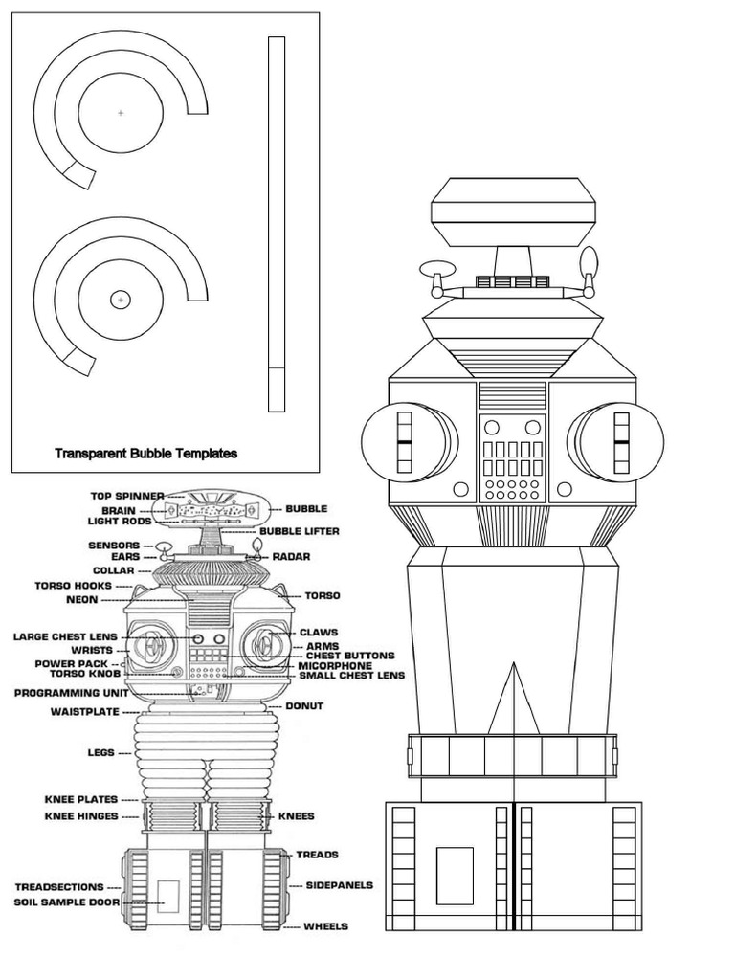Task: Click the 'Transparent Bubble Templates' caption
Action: (x=145, y=454)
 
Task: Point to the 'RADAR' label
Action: (x=290, y=556)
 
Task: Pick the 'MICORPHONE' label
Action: (x=335, y=665)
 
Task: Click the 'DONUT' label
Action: (x=304, y=706)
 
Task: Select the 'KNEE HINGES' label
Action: (x=81, y=816)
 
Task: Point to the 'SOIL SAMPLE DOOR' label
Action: (x=68, y=902)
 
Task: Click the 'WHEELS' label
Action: (x=325, y=926)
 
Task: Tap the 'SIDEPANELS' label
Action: (x=339, y=885)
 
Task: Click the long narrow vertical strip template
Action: (x=277, y=224)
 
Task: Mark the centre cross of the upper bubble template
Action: (x=121, y=113)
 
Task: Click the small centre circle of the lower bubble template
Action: (x=121, y=300)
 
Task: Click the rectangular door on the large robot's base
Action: (x=455, y=875)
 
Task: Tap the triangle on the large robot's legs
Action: (x=513, y=700)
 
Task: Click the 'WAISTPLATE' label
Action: (x=84, y=712)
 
